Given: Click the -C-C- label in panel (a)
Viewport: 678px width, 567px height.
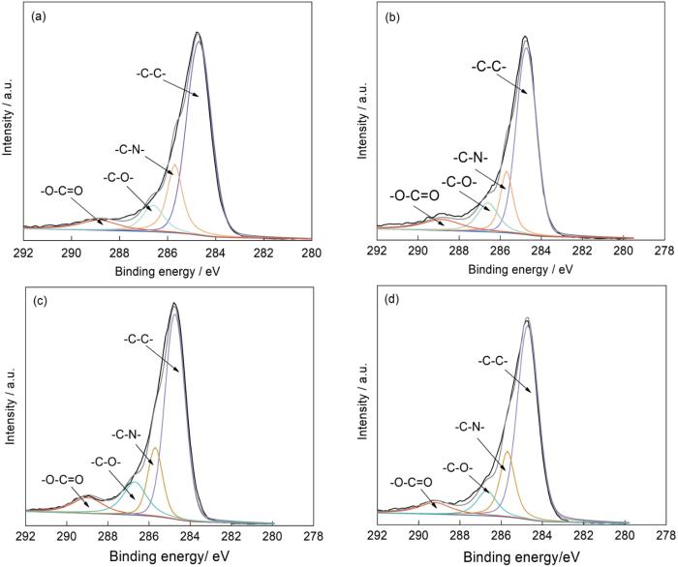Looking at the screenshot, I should (x=152, y=72).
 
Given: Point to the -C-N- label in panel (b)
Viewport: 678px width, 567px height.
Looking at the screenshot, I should (x=472, y=158).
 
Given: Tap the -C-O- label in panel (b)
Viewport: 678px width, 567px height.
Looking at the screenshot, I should (x=460, y=181).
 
